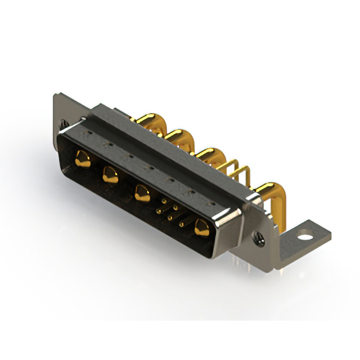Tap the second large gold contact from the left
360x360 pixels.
(x=109, y=176)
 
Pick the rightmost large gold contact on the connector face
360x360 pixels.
(x=200, y=228)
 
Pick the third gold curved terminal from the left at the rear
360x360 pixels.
(x=209, y=154)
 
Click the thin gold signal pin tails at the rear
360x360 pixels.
(x=238, y=171)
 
